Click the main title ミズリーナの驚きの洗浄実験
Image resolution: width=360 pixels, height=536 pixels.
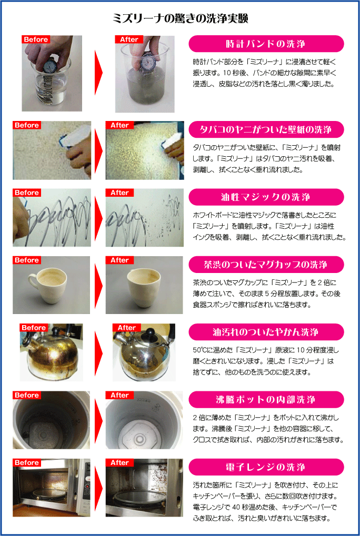[x=181, y=18]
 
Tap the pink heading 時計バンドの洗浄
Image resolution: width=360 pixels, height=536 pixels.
[x=266, y=44]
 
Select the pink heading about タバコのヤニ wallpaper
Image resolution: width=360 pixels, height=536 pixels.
[x=266, y=129]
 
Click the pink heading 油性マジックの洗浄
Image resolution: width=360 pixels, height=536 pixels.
[x=266, y=197]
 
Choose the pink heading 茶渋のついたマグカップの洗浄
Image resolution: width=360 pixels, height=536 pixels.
[x=266, y=265]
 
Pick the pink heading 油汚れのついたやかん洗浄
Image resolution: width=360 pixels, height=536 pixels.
[x=266, y=332]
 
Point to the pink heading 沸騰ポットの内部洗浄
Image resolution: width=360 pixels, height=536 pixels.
[x=266, y=400]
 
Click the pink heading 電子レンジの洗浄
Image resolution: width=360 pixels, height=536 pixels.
[x=266, y=467]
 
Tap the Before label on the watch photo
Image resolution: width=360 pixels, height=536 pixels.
[x=36, y=39]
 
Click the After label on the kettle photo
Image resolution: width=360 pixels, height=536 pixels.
[x=127, y=328]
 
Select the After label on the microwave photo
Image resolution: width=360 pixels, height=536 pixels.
[x=119, y=462]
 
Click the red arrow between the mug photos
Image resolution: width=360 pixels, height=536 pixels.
[x=98, y=285]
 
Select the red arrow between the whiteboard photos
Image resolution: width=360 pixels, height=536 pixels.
[x=98, y=218]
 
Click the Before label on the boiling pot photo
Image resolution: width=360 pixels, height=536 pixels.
[x=27, y=395]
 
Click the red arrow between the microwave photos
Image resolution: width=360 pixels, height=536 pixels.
[x=98, y=488]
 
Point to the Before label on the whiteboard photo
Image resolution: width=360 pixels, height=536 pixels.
[x=27, y=193]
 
